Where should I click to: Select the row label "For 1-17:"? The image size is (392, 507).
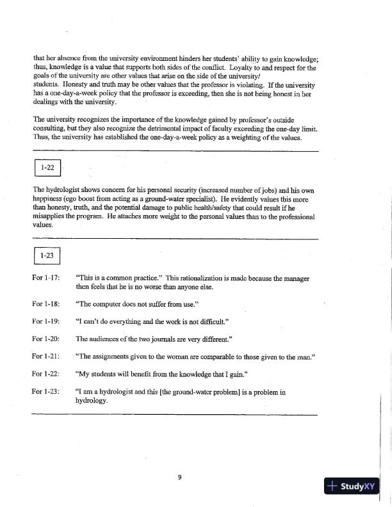[46, 278]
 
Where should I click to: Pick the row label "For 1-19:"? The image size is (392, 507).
[46, 319]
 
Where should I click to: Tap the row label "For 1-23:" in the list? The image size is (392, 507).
[46, 390]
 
